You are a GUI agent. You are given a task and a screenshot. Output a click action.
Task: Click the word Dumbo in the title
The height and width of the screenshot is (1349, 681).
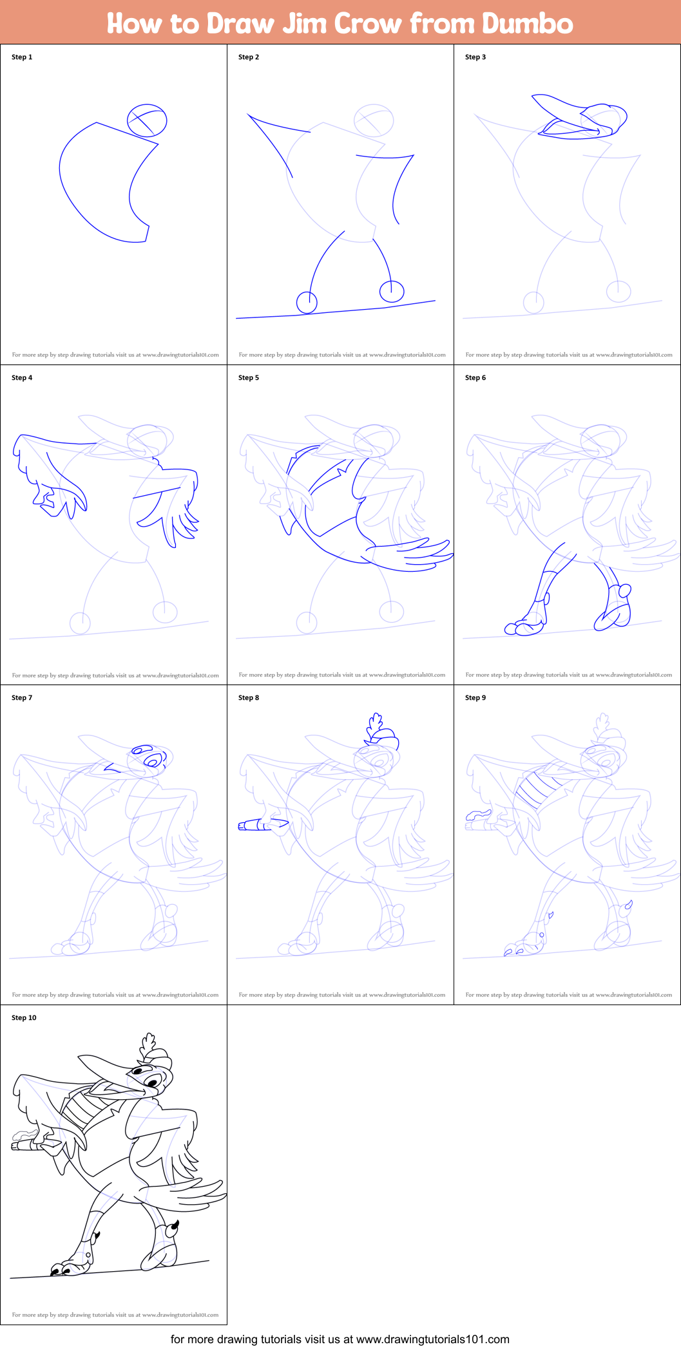pos(527,23)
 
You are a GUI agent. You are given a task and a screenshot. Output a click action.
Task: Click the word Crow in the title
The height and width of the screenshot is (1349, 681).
pos(368,23)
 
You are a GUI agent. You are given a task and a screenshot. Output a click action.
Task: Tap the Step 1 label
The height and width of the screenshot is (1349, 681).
pos(22,57)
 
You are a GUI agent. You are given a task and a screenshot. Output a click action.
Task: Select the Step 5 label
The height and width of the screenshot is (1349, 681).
pos(249,377)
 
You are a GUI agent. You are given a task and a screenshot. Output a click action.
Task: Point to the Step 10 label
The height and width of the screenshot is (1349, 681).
pos(24,1017)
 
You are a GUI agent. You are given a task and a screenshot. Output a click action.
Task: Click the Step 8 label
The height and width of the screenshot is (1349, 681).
pos(249,697)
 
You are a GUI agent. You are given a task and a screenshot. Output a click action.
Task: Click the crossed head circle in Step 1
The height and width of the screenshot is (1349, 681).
pos(147,120)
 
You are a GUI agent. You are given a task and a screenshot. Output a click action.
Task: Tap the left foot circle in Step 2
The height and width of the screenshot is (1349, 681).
pos(307,301)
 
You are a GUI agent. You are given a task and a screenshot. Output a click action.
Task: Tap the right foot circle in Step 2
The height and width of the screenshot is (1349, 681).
pos(391,291)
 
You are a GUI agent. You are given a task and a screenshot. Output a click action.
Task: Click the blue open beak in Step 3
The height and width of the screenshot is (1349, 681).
pos(567,122)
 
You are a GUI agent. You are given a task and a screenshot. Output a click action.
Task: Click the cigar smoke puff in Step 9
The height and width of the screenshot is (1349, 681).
pos(477,815)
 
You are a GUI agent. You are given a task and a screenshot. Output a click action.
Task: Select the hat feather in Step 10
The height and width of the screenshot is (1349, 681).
pos(149,1043)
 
